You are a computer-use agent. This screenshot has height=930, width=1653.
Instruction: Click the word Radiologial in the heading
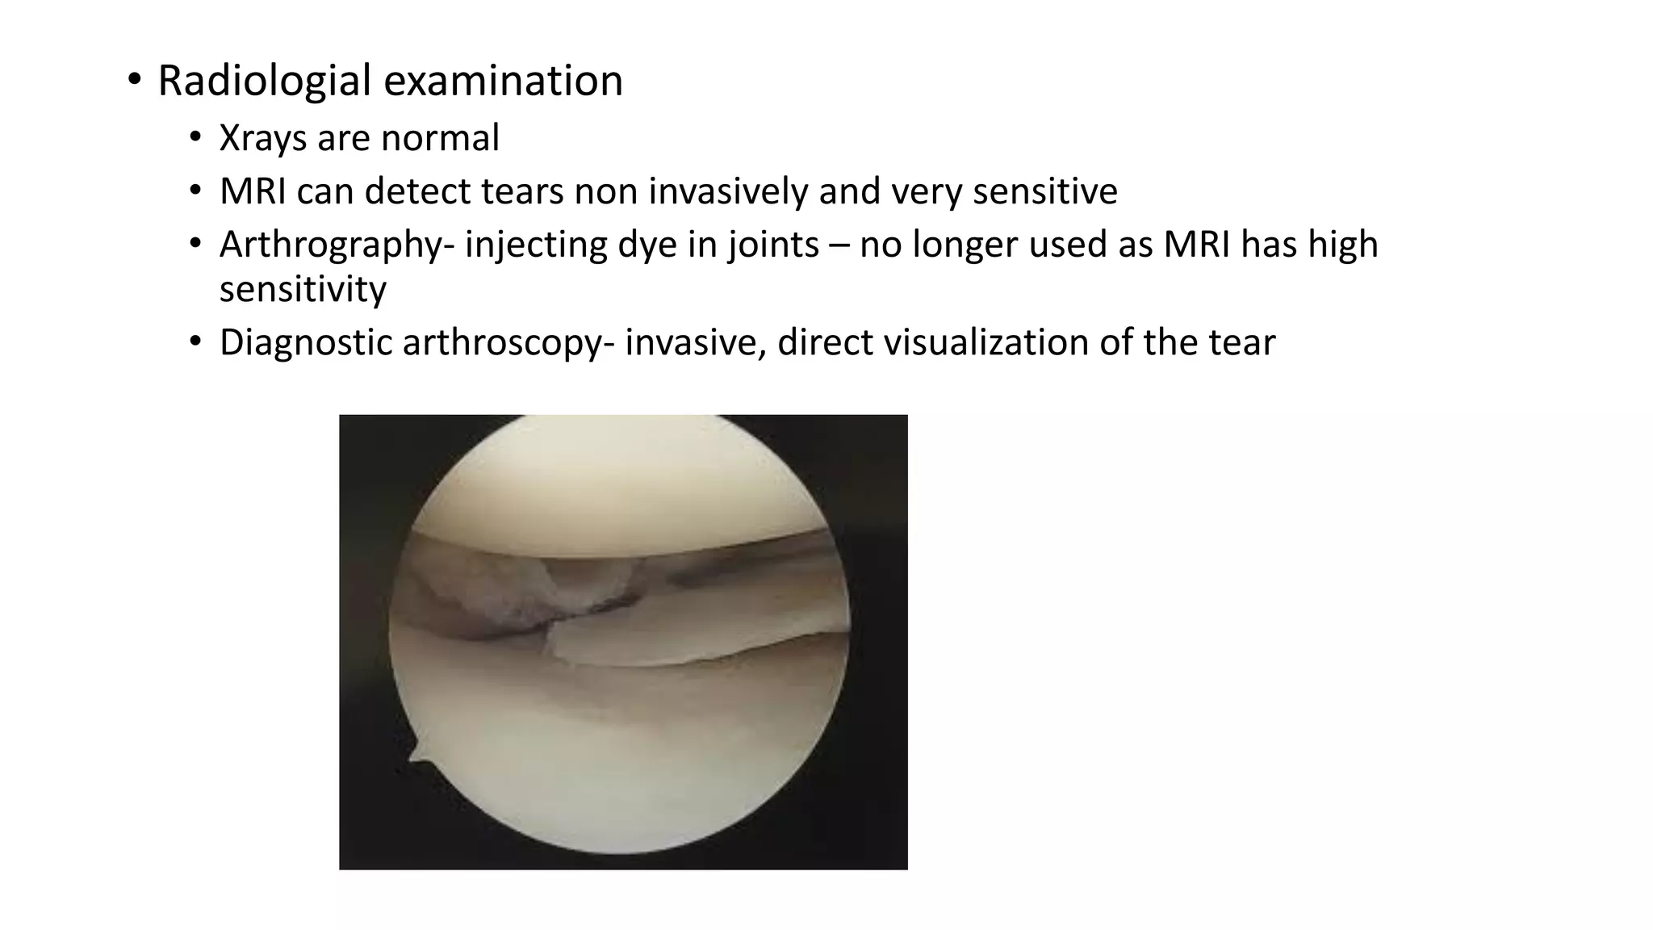[x=264, y=81]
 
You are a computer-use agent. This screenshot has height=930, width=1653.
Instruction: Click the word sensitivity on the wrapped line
[x=303, y=289]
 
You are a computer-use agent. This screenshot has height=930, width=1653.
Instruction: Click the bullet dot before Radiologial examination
[x=134, y=80]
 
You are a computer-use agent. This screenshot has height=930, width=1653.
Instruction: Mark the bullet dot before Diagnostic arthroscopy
[x=195, y=342]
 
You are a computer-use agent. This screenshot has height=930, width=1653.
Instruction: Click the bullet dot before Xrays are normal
[x=195, y=138]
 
